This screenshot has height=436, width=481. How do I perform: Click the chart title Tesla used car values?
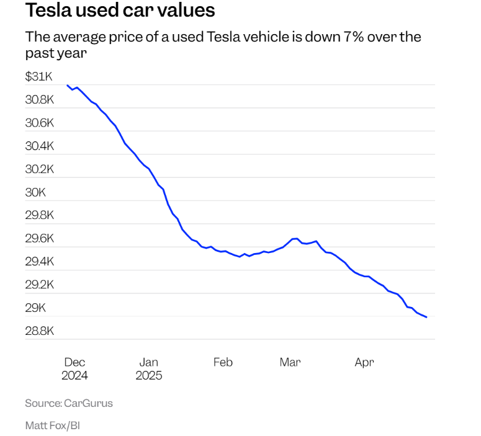pos(120,11)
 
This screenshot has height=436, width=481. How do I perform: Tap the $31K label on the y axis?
pos(38,76)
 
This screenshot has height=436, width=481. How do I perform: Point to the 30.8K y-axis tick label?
pos(40,100)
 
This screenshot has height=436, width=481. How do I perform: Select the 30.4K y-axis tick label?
pos(40,146)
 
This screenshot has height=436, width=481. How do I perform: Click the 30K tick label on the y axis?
pos(35,192)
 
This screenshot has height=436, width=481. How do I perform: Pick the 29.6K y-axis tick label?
pos(40,239)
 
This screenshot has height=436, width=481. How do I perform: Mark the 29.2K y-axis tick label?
pos(40,285)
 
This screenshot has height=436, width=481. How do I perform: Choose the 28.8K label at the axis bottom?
pos(40,331)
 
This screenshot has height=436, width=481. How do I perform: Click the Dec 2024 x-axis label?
pos(74,369)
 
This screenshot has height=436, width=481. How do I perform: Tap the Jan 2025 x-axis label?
pos(149,369)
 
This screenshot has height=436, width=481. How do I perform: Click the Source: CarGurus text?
pos(69,403)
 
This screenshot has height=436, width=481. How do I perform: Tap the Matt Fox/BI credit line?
pos(53,426)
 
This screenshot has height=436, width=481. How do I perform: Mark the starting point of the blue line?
pos(67,86)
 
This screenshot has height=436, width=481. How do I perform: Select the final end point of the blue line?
pos(426,317)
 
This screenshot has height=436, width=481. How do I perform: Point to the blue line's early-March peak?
pos(295,238)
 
